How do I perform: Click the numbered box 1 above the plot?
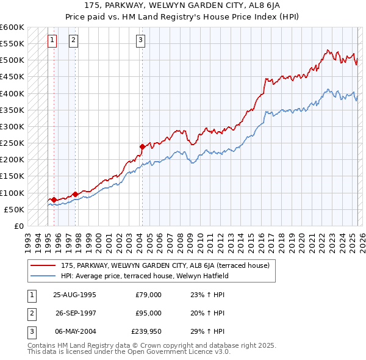click(x=52, y=41)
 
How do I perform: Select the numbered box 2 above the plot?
click(x=73, y=41)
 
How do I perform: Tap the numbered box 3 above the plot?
click(x=140, y=41)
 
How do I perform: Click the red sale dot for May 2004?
click(x=142, y=146)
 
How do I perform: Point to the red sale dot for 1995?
click(x=54, y=200)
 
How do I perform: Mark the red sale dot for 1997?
click(x=76, y=194)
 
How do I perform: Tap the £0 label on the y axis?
click(x=18, y=226)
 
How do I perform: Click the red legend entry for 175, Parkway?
click(x=169, y=265)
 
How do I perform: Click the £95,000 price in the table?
click(x=148, y=313)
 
